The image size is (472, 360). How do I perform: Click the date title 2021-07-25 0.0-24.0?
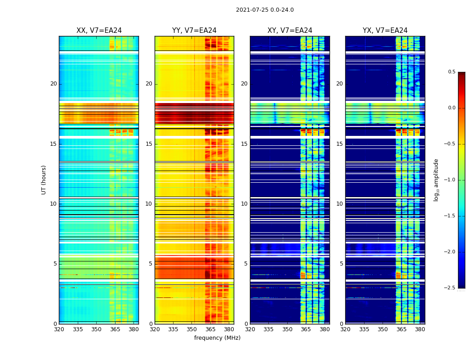pyautogui.click(x=265, y=10)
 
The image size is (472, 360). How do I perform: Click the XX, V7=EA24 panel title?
pyautogui.click(x=99, y=31)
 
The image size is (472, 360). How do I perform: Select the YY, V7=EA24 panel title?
pyautogui.click(x=194, y=31)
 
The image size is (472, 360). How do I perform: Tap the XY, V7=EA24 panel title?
pyautogui.click(x=289, y=31)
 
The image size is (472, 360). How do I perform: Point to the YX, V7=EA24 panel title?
pyautogui.click(x=385, y=31)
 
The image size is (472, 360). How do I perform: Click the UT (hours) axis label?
pyautogui.click(x=44, y=180)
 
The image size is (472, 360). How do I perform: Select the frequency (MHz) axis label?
pyautogui.click(x=217, y=338)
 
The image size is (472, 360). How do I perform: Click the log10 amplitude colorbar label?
pyautogui.click(x=436, y=180)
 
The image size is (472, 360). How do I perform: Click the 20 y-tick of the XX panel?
pyautogui.click(x=53, y=84)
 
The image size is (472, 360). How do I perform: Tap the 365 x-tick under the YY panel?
pyautogui.click(x=210, y=329)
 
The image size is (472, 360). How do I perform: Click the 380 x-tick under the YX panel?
pyautogui.click(x=420, y=329)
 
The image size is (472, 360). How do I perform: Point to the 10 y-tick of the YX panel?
pyautogui.click(x=340, y=204)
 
